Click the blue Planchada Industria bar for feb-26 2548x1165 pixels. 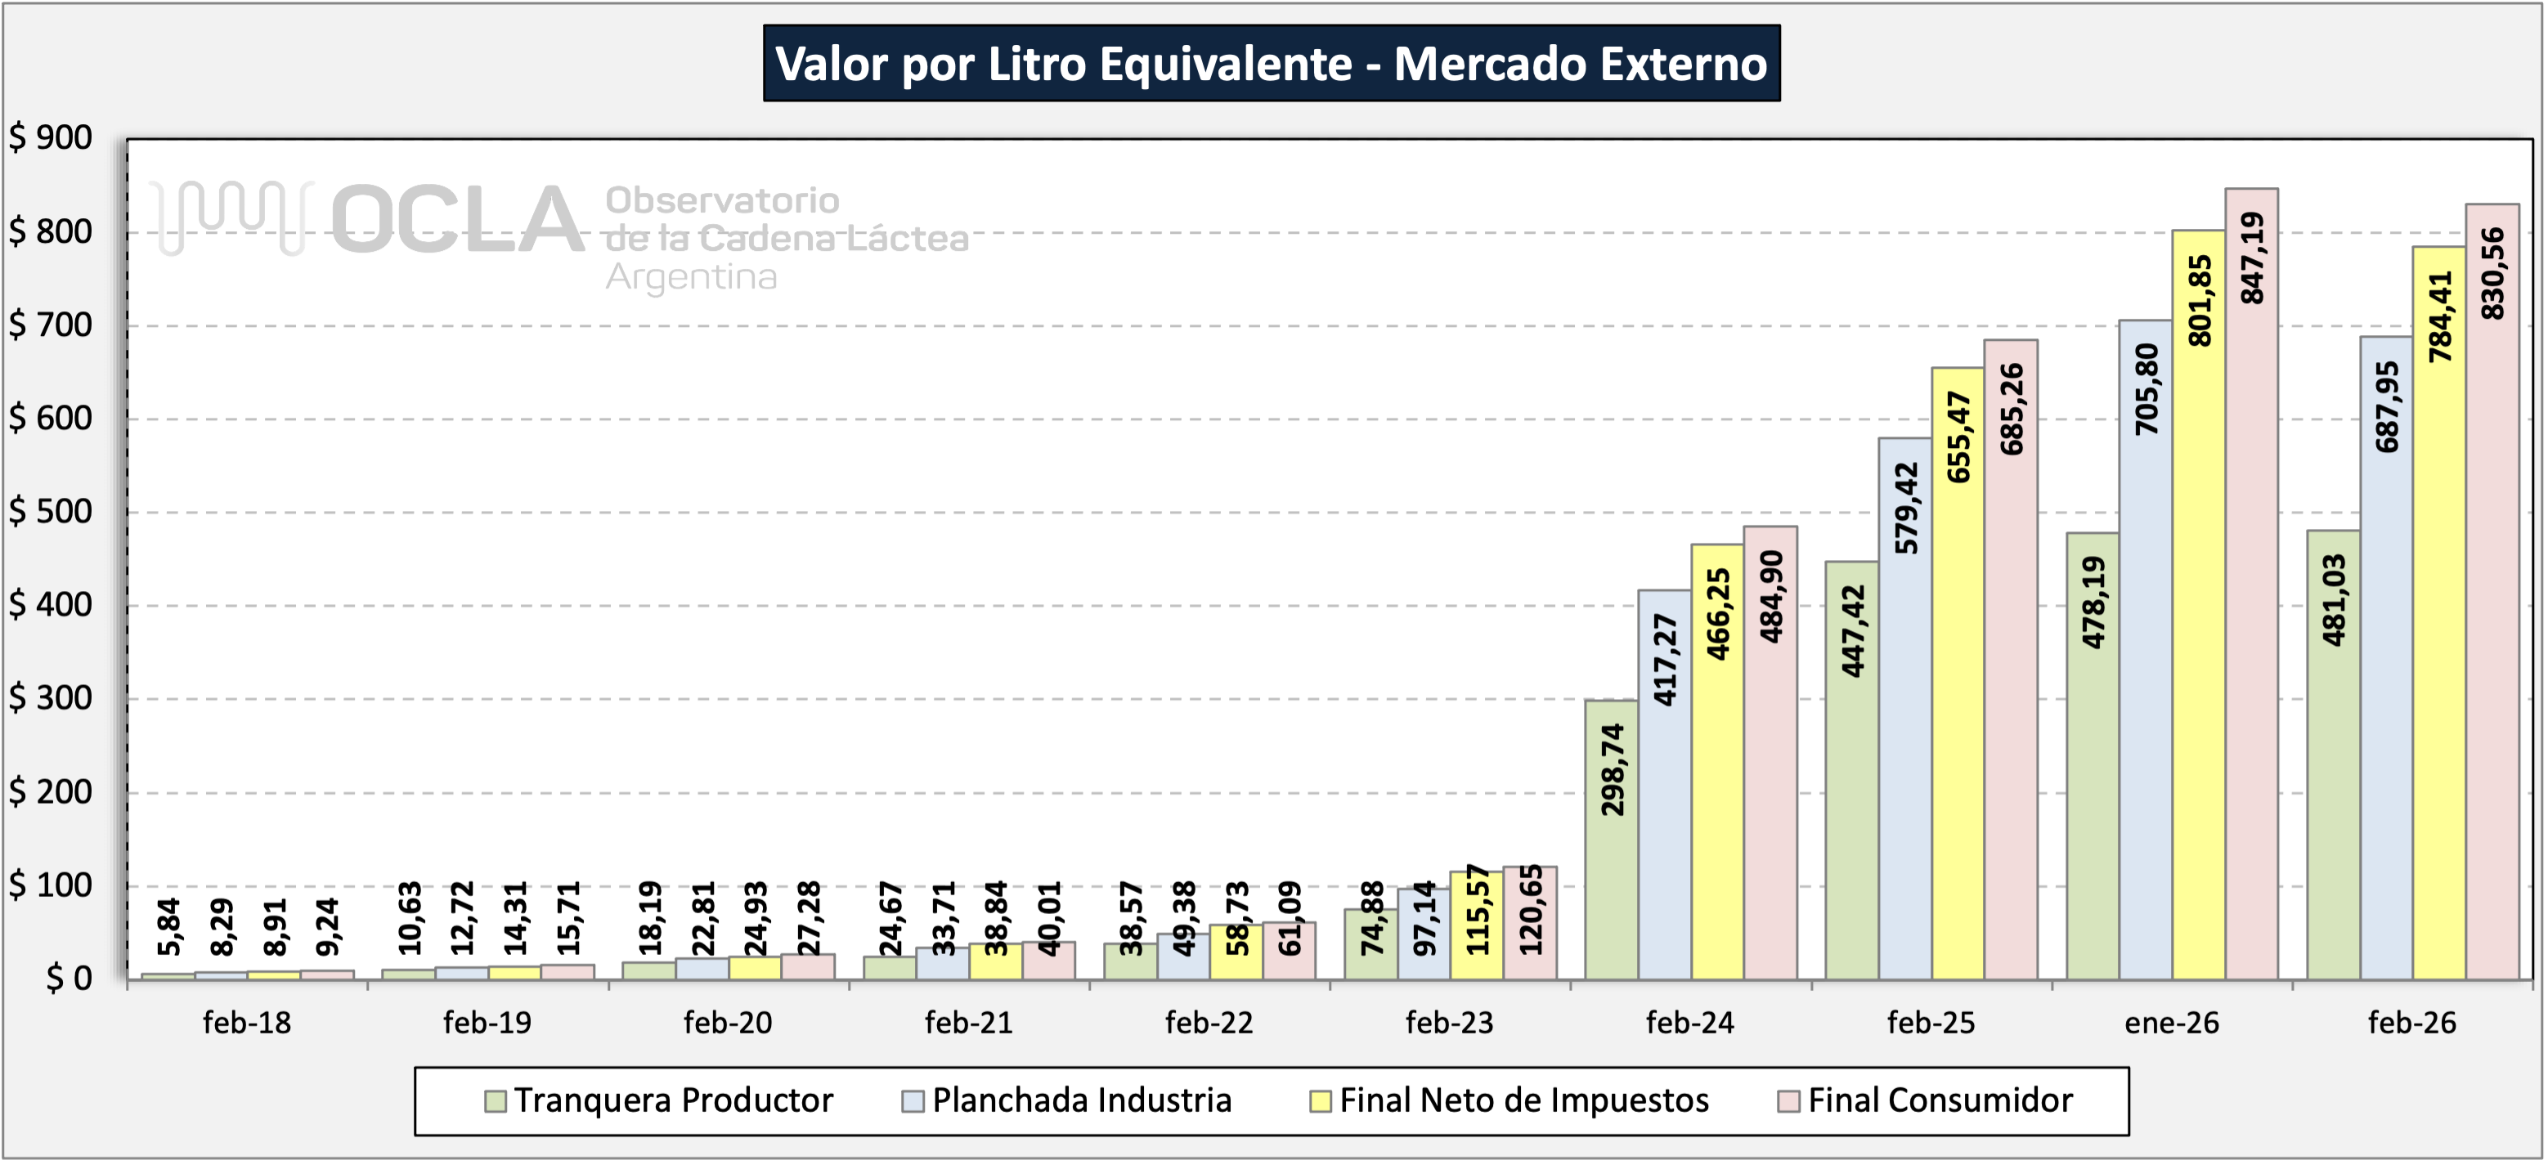(2386, 692)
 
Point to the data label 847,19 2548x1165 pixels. (2252, 258)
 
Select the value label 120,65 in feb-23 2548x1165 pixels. (1530, 909)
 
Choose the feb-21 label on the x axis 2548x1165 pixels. (968, 1023)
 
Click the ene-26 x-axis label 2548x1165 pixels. (2171, 1023)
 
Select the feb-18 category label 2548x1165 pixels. (246, 1023)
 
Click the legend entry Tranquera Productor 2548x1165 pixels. (673, 1100)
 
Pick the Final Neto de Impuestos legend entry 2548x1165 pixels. (1523, 1100)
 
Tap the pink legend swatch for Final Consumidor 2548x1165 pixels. (1788, 1100)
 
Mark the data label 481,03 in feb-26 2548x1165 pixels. (2334, 600)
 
